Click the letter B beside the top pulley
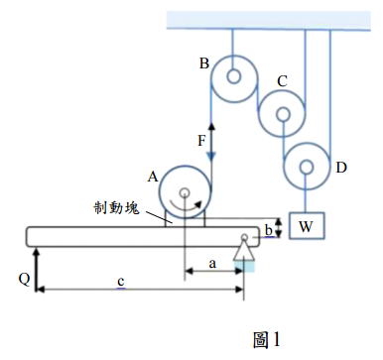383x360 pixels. point(204,63)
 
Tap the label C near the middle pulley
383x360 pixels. point(282,81)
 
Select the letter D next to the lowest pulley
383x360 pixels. point(341,168)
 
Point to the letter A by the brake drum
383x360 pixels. point(153,178)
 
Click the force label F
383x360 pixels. point(201,141)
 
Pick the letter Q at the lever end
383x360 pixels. point(24,280)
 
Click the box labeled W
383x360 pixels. point(307,226)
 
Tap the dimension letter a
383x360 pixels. point(212,264)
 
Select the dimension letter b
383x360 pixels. point(269,230)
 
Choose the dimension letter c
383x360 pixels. point(121,282)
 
